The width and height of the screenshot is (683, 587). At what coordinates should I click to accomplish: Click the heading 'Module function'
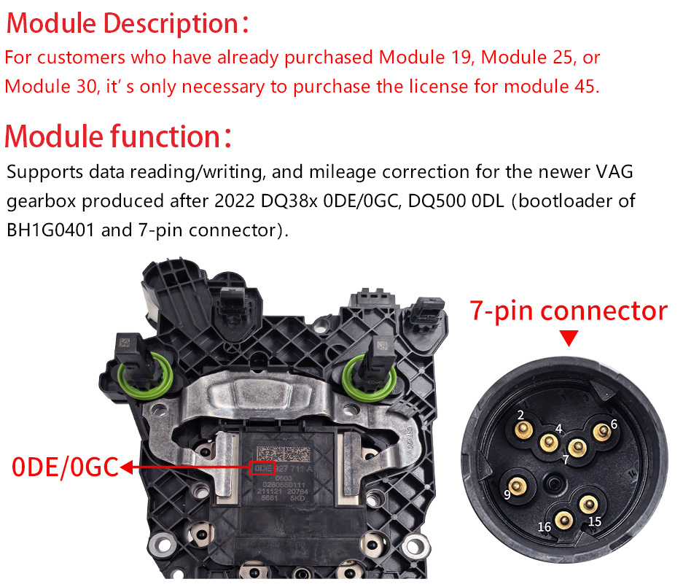coord(113,136)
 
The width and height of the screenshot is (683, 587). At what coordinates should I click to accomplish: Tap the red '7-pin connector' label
coord(568,311)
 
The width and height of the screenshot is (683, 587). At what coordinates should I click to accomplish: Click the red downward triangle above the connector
coord(569,337)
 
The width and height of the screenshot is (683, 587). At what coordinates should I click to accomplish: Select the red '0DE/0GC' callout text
coord(65,467)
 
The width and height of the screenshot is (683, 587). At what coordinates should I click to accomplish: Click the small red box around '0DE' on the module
coord(262,467)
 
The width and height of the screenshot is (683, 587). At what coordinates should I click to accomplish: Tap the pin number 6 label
coord(614,424)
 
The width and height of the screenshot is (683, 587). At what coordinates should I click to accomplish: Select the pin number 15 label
coord(595,521)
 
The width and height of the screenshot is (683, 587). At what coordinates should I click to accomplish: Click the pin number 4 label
coord(558,429)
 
